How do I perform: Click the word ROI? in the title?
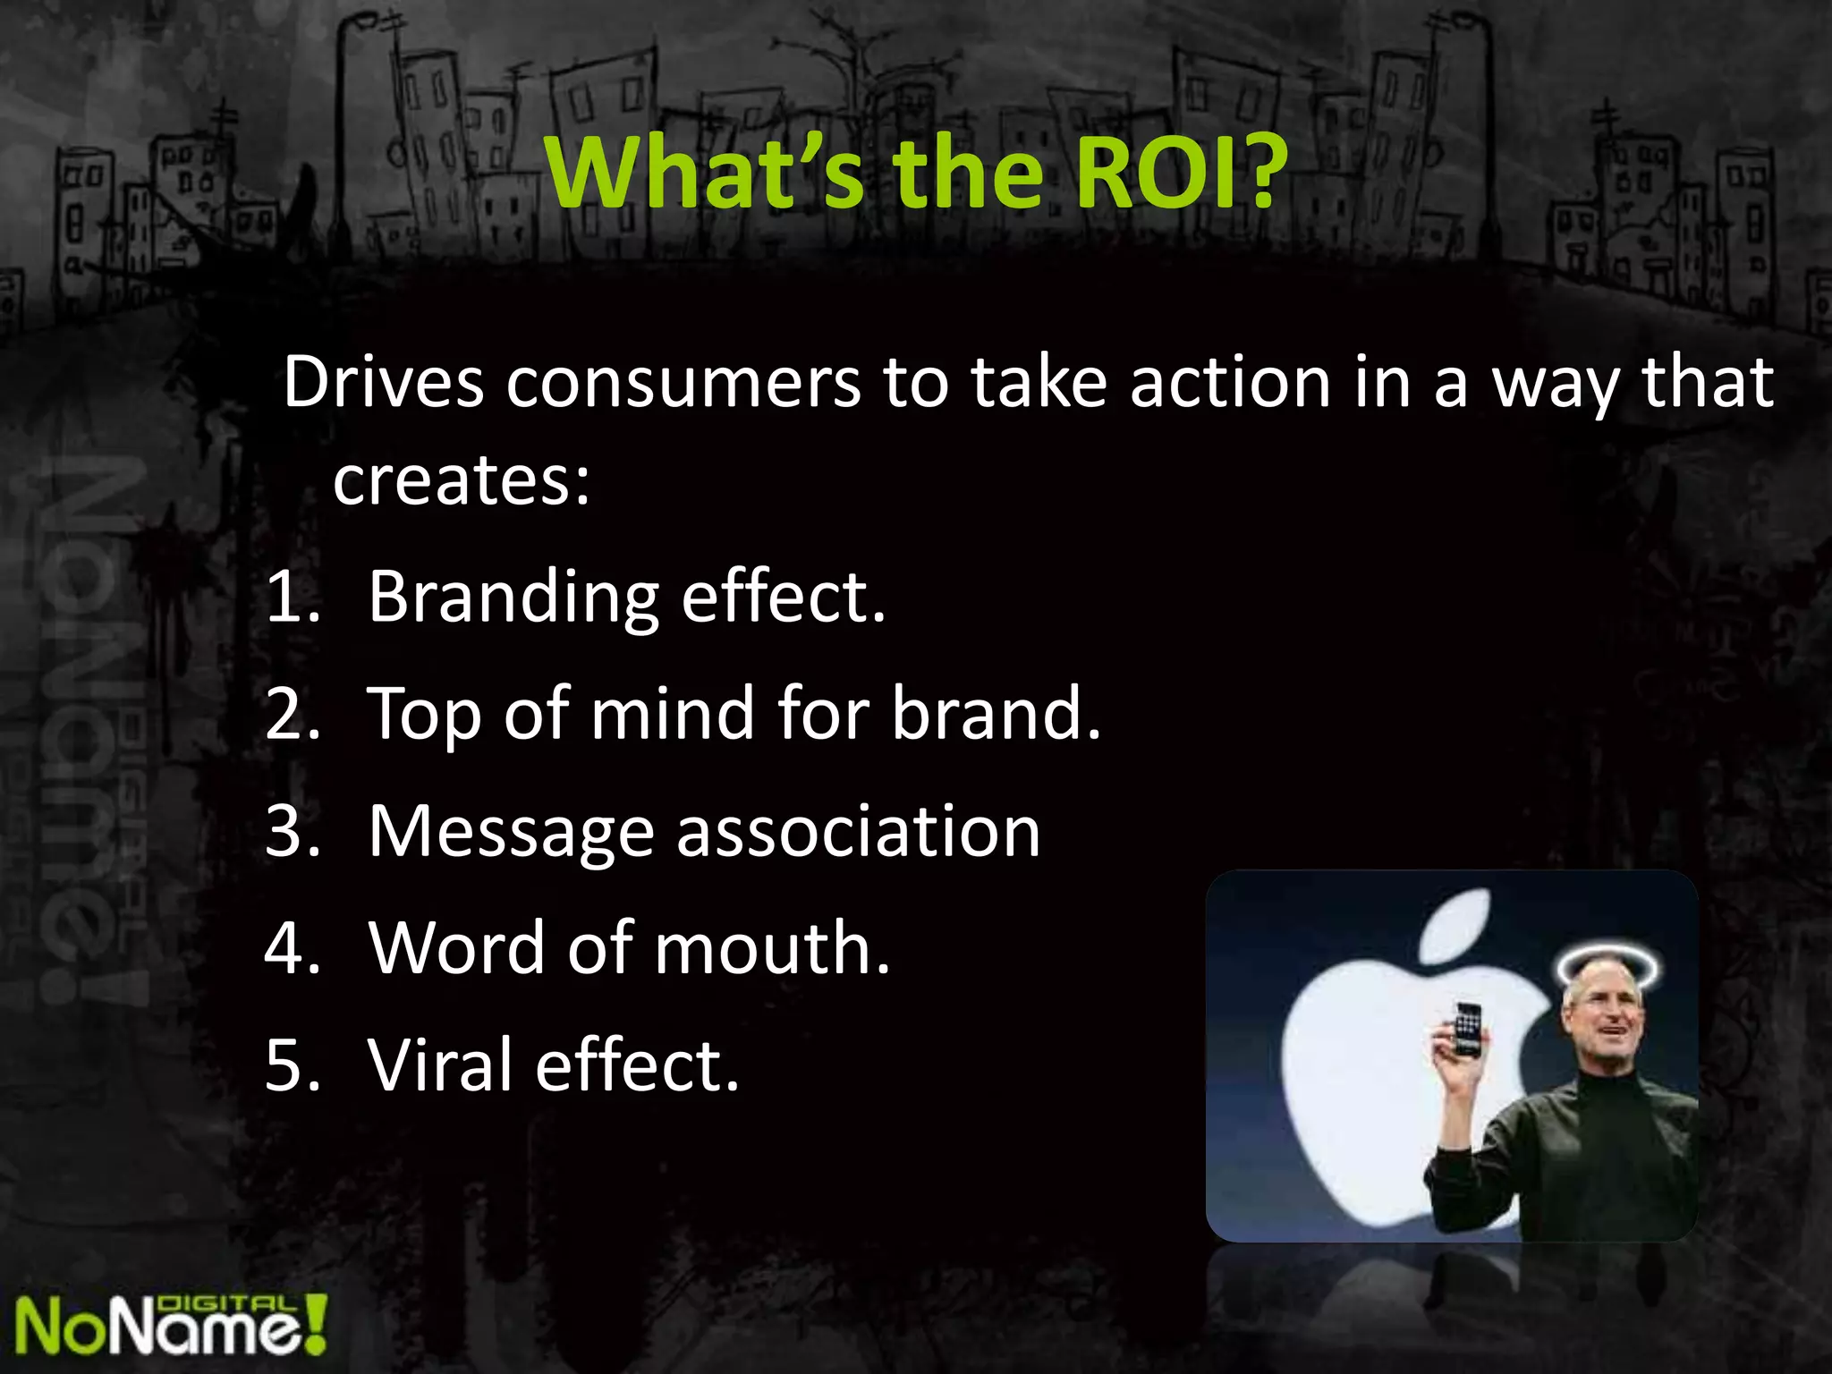(x=1180, y=172)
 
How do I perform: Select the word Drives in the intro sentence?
(x=383, y=383)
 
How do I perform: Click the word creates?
(x=462, y=481)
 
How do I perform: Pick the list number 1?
(x=292, y=598)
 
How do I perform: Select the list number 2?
(x=292, y=715)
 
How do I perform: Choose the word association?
(x=858, y=832)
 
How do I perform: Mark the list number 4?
(x=292, y=948)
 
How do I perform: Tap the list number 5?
(x=292, y=1065)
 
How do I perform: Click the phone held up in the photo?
(x=1467, y=1030)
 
